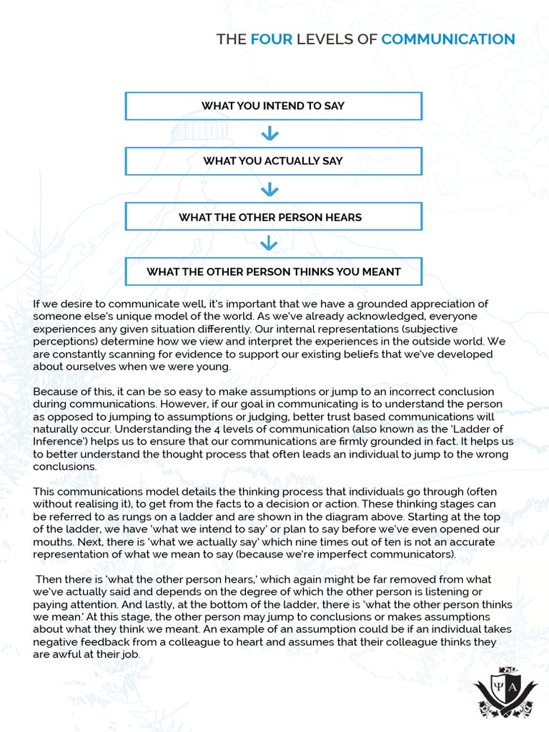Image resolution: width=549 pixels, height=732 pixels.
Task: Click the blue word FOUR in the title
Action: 272,39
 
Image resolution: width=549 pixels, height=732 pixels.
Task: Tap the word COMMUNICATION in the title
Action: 447,39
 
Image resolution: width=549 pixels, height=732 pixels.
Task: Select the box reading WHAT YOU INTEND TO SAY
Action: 273,106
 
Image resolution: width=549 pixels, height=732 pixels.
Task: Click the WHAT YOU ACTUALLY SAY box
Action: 273,161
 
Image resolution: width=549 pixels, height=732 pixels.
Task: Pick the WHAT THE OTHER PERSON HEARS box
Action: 273,217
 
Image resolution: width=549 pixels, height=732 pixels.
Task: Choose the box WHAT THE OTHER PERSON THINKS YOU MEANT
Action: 273,272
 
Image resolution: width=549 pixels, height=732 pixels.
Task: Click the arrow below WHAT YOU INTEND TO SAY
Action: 269,134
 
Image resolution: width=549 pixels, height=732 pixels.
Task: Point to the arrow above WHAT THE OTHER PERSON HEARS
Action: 269,189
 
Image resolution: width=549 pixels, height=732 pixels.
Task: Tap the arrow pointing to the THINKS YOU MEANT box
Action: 269,244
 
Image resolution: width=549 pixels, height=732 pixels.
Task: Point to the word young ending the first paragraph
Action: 211,367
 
